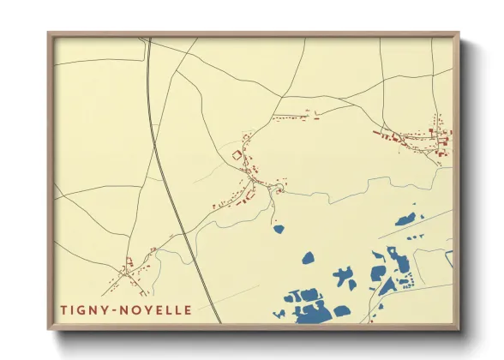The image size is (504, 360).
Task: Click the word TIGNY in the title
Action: point(81,308)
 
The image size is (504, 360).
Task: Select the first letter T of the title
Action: point(63,308)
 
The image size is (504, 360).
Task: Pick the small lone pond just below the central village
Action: point(279,229)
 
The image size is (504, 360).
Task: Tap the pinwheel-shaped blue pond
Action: point(345,277)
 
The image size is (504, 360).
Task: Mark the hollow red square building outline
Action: point(237,154)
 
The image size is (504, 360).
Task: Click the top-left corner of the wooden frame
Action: point(49,35)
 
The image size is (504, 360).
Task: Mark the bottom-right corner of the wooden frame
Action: point(457,327)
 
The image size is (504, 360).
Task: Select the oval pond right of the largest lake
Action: point(341,311)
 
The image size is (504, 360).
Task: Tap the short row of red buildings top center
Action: point(296,117)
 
